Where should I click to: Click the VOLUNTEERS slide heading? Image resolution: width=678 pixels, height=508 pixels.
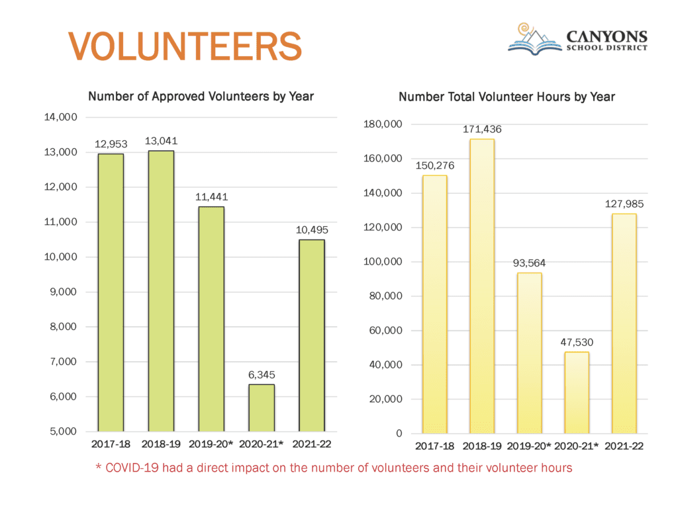pyautogui.click(x=185, y=45)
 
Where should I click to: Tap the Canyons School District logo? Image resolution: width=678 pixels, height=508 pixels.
pyautogui.click(x=577, y=40)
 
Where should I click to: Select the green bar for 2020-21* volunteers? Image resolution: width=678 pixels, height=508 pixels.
pyautogui.click(x=262, y=407)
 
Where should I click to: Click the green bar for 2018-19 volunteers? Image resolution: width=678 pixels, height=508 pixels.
pyautogui.click(x=161, y=291)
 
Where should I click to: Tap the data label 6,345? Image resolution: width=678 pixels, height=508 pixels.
pyautogui.click(x=262, y=374)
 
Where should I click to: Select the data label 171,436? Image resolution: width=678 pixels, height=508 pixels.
pyautogui.click(x=481, y=129)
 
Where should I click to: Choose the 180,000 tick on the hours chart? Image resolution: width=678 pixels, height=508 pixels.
pyautogui.click(x=384, y=124)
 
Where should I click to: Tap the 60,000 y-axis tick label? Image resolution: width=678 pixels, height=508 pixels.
pyautogui.click(x=387, y=331)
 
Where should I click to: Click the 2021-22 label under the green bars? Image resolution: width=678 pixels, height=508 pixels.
pyautogui.click(x=311, y=443)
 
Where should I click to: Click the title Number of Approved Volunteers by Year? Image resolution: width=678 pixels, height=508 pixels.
pyautogui.click(x=201, y=97)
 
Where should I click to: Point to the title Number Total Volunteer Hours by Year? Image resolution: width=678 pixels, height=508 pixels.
pyautogui.click(x=507, y=97)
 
